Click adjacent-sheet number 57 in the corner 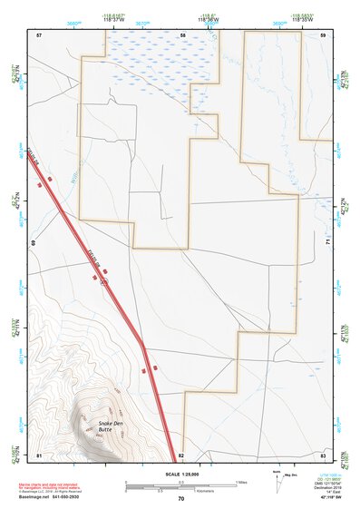[39, 34]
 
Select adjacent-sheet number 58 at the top [182, 34]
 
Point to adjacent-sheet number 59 [323, 34]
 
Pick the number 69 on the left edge [34, 243]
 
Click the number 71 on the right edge [327, 243]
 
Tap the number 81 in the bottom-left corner [39, 454]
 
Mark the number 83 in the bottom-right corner [323, 454]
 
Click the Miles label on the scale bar [240, 481]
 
